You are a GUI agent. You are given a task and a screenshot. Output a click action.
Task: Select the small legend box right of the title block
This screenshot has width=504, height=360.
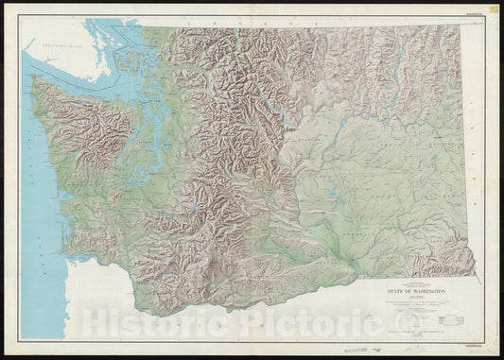point(460,296)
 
